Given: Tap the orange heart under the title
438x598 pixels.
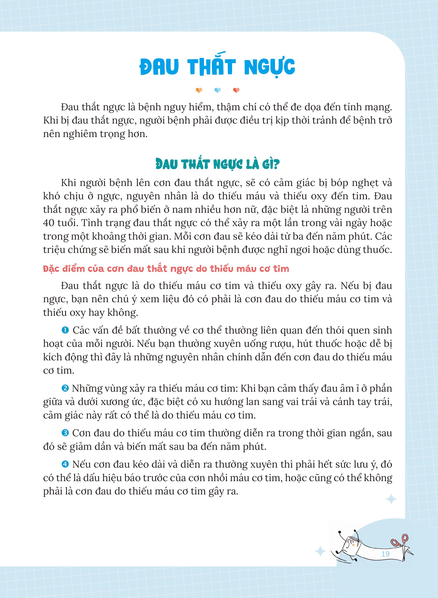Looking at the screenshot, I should tap(199, 90).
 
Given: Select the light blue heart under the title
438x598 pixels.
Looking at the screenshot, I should tap(217, 90).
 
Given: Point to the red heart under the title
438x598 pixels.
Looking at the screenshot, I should tap(236, 90).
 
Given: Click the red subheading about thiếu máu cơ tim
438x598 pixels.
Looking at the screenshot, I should tap(166, 269).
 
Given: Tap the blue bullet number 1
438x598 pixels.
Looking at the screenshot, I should tap(65, 331).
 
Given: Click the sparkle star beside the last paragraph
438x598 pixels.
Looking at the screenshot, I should tap(391, 500).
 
